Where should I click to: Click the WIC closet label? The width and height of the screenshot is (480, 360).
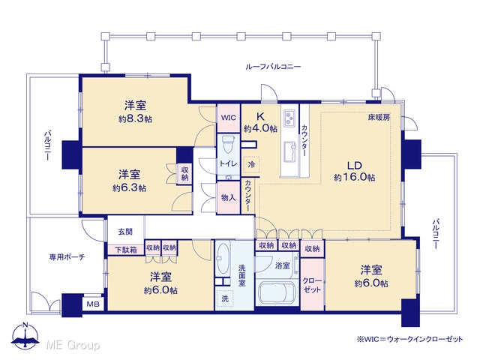pos(229,118)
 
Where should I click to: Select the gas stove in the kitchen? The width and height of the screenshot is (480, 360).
pos(289,118)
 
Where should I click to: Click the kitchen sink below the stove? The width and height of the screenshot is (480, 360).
pos(289,152)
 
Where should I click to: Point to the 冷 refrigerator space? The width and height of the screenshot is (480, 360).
pos(251,165)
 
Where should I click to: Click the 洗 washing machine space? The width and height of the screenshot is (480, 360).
pos(225,298)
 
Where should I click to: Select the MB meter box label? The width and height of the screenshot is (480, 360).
pos(93,304)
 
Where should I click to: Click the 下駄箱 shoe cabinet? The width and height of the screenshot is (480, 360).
pos(126,250)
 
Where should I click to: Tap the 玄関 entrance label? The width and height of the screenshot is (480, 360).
pos(125,232)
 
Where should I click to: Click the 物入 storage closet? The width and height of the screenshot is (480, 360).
pos(228,198)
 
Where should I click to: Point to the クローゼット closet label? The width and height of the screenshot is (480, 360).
pos(312,285)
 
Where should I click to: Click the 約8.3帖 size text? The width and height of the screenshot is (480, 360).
pos(135,119)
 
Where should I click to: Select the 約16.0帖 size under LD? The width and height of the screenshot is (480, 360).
pos(354,177)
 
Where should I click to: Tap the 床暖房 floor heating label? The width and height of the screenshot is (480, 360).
pos(379,117)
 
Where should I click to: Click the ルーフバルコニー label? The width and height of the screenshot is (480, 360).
pos(273,67)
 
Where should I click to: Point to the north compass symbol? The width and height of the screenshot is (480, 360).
pos(25,336)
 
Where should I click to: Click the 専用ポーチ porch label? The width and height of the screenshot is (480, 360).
pos(67,256)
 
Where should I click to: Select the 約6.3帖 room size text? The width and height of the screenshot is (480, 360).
pos(129,188)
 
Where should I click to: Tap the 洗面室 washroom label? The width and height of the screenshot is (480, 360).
pos(241,275)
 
